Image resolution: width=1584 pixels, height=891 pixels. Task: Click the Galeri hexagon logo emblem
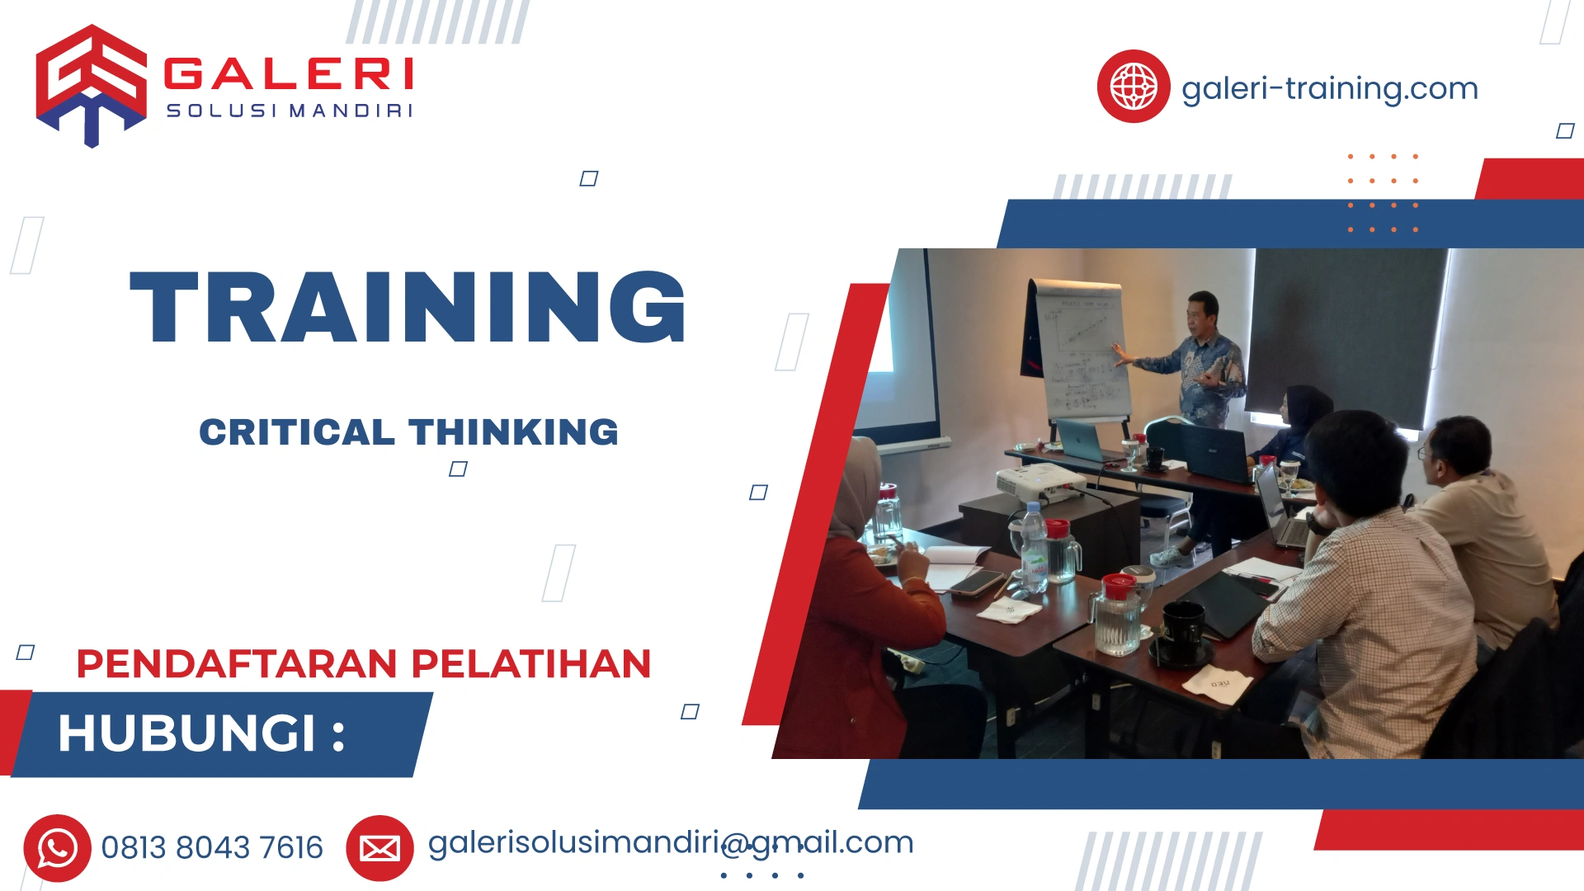point(91,85)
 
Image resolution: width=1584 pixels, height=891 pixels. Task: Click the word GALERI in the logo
point(289,73)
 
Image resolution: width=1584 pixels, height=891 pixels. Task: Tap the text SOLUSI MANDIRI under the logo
point(289,111)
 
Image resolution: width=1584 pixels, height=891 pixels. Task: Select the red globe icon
point(1133,86)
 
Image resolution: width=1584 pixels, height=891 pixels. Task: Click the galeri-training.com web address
point(1329,88)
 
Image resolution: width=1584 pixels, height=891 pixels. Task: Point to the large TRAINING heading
point(408,307)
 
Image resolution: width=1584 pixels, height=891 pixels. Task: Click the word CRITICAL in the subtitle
point(297,432)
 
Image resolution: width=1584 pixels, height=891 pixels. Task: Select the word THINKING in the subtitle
point(513,432)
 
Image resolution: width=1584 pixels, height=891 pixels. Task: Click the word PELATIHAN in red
point(531,664)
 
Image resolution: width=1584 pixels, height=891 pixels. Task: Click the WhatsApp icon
point(57,847)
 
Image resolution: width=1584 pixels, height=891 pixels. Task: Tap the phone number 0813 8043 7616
point(212,847)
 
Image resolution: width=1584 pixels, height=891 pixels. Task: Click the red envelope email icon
point(379,847)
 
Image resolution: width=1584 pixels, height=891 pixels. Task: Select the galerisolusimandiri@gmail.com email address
point(670,842)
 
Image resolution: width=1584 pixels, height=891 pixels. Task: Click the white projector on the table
point(1039,483)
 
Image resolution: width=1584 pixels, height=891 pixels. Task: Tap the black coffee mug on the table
point(1183,631)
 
